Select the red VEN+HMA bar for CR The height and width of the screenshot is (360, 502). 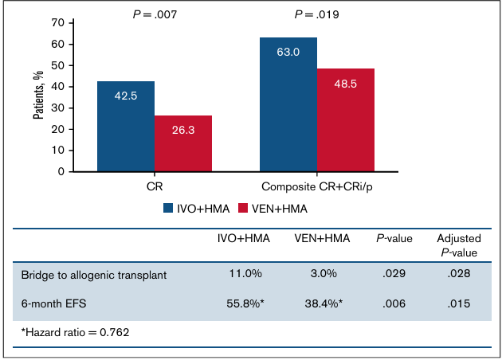tap(183, 143)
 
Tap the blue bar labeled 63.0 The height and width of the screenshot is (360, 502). tap(288, 104)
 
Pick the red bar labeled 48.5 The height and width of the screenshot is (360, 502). tap(346, 119)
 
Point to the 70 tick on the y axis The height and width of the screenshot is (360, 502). tap(57, 22)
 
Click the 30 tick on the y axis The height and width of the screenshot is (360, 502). tap(57, 108)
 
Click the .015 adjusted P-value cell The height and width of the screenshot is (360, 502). tap(457, 303)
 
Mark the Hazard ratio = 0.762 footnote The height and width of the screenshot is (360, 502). tap(75, 331)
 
